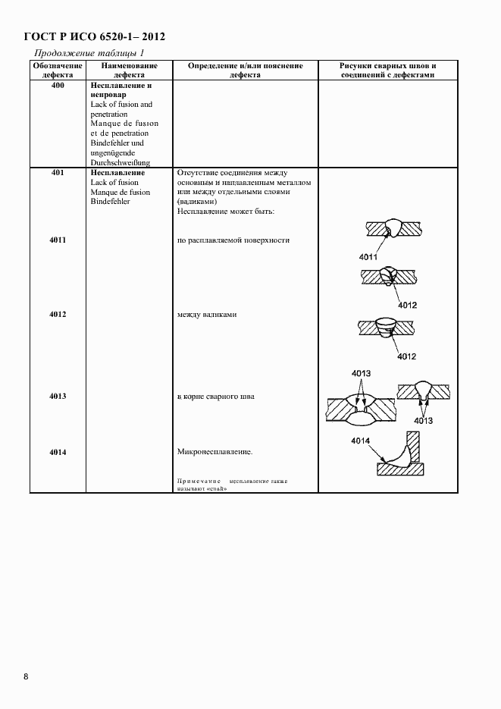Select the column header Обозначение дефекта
[x=58, y=71]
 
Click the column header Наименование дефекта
[x=130, y=71]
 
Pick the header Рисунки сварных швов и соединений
[x=387, y=71]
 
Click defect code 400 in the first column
[x=58, y=86]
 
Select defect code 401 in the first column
[x=58, y=174]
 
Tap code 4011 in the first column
[x=58, y=240]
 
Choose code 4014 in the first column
[x=58, y=453]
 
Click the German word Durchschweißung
[x=121, y=162]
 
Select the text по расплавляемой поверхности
[x=233, y=240]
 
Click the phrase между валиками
[x=207, y=314]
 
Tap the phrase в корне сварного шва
[x=217, y=396]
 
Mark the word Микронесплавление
[x=215, y=453]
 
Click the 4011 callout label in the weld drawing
[x=368, y=257]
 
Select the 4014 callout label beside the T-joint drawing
[x=361, y=441]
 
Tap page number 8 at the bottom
[x=26, y=676]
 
